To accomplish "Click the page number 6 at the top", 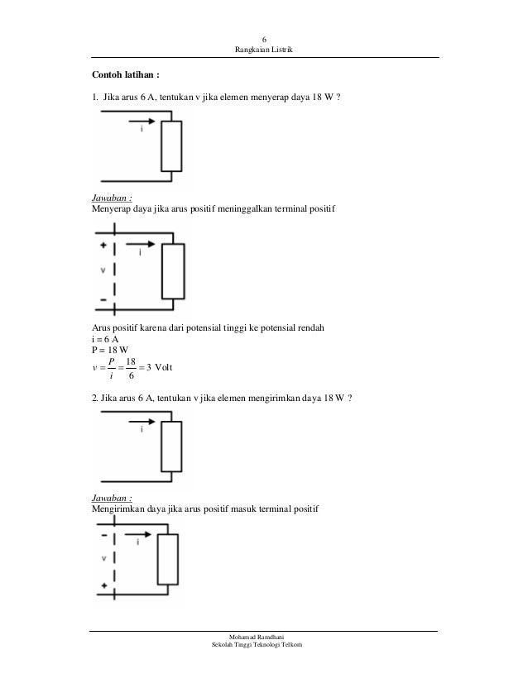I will [x=264, y=40].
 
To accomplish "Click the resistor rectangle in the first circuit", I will [x=171, y=146].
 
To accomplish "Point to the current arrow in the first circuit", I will [x=141, y=127].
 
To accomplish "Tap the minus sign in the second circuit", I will [x=103, y=299].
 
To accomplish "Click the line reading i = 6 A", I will [x=104, y=338].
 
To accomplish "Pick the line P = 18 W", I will [x=106, y=350].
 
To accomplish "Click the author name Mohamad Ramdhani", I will [x=263, y=638].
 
